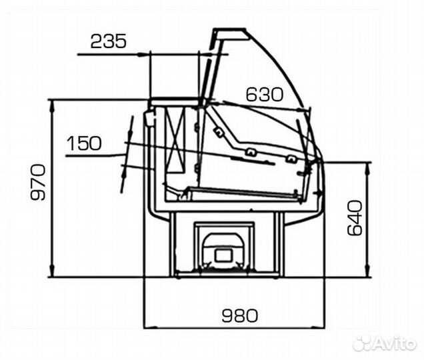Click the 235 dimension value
[x=109, y=41]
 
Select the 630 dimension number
[x=264, y=95]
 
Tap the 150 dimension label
[x=84, y=143]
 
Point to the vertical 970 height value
[x=38, y=182]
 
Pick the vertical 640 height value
[x=355, y=218]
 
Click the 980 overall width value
[x=240, y=315]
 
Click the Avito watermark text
[x=385, y=344]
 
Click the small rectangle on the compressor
[x=223, y=255]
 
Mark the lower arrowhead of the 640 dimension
[x=367, y=271]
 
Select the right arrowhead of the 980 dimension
[x=319, y=327]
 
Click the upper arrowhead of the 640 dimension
[x=367, y=168]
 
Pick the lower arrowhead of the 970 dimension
[x=52, y=271]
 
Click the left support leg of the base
[x=173, y=244]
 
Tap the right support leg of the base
[x=279, y=244]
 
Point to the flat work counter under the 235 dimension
[x=175, y=101]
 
